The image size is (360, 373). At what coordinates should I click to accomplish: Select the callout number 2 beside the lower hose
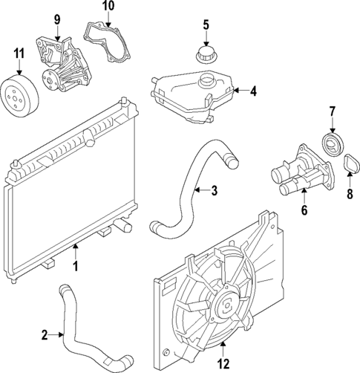pos(45,335)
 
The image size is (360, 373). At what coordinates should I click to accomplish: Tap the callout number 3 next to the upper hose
pos(214,191)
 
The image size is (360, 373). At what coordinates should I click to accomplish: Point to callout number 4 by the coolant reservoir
pos(253,92)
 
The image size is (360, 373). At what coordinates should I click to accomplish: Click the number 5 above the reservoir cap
pos(207,26)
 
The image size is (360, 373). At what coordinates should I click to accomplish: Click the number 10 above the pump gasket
pos(108,6)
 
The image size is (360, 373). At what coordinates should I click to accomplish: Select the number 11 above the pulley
pos(20,53)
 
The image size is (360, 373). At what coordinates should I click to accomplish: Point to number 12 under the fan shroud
pos(223,363)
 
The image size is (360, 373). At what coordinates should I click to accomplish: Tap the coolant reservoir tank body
pos(189,97)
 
